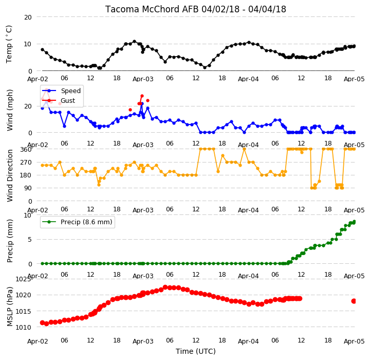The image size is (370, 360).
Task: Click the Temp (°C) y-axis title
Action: [x=9, y=44]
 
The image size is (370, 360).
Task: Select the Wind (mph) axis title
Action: [x=10, y=111]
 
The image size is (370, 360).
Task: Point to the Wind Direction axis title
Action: [x=10, y=175]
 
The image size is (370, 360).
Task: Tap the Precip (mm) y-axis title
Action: [x=10, y=241]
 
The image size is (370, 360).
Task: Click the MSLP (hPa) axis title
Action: [x=10, y=307]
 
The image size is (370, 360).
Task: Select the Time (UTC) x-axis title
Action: [x=196, y=351]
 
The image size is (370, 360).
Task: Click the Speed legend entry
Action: [x=71, y=91]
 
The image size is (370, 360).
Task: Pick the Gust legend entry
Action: [x=68, y=101]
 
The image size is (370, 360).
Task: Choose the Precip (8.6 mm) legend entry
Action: [x=86, y=222]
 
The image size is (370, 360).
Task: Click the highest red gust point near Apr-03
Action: [x=142, y=96]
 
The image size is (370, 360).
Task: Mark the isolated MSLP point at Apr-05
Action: [x=354, y=301]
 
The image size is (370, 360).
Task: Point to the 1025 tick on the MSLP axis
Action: [x=23, y=279]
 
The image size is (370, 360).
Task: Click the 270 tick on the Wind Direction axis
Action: [x=26, y=163]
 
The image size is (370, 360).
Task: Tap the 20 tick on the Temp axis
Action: [x=28, y=17]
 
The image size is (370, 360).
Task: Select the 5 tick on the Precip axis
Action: [x=30, y=240]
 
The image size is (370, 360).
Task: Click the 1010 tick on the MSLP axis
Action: [x=23, y=327]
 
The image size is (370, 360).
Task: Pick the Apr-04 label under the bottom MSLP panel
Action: [x=248, y=341]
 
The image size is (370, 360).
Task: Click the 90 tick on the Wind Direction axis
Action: [x=28, y=188]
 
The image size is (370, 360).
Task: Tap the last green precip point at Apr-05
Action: [x=354, y=222]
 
